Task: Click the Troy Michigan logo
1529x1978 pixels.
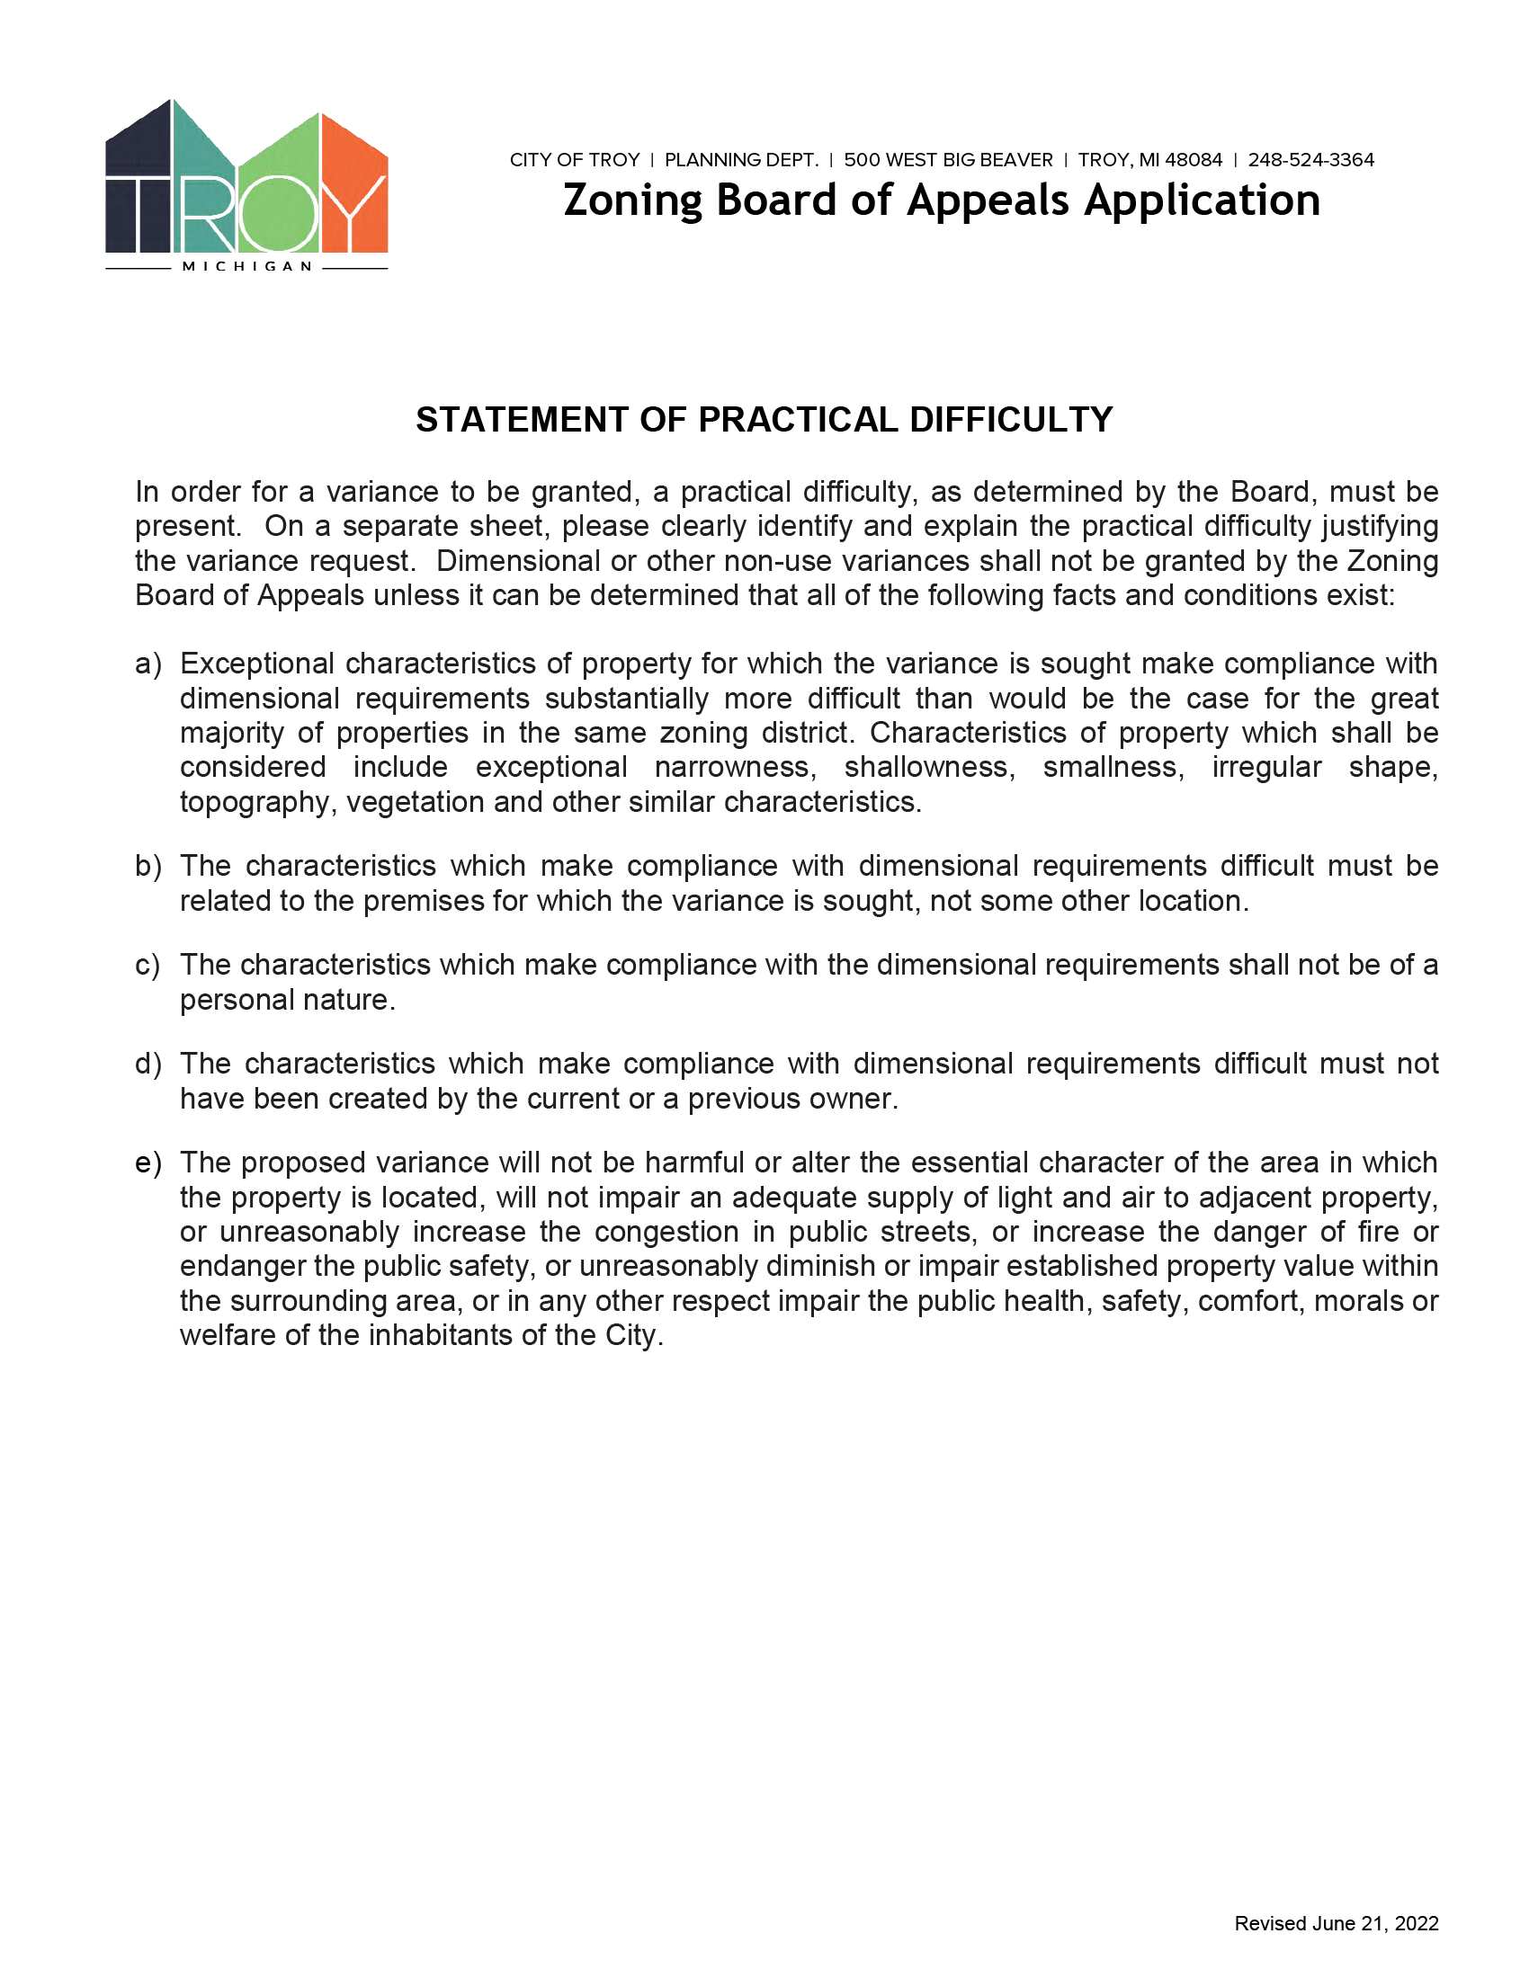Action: [x=246, y=186]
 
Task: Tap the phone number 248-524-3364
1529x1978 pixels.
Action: [x=1310, y=160]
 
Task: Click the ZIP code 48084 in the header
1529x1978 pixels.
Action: [x=1193, y=160]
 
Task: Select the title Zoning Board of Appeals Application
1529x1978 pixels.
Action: [x=941, y=200]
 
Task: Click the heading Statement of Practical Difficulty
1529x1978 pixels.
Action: [x=764, y=420]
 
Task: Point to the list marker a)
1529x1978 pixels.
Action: [x=148, y=664]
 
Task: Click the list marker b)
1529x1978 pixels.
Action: [x=148, y=867]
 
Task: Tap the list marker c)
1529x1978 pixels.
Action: [x=148, y=966]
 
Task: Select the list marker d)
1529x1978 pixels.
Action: [x=148, y=1065]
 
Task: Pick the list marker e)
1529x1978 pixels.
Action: [x=148, y=1163]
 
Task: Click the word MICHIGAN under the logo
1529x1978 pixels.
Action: [x=247, y=267]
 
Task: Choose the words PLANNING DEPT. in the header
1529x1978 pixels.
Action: [x=741, y=160]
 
